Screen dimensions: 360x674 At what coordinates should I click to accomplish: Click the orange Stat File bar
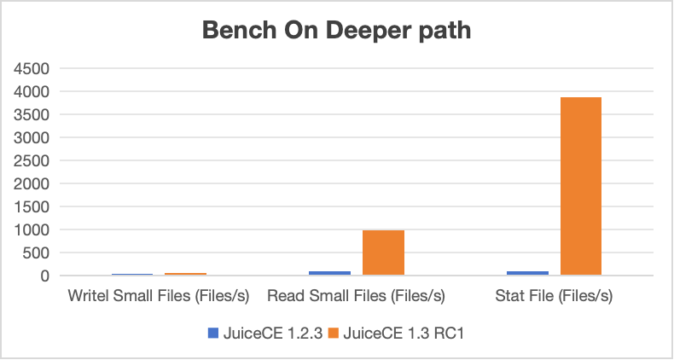[x=581, y=186]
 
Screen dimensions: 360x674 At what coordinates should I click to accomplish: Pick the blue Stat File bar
[x=528, y=273]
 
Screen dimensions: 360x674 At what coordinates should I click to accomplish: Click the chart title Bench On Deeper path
[x=337, y=32]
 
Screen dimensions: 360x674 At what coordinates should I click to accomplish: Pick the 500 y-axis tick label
[x=38, y=253]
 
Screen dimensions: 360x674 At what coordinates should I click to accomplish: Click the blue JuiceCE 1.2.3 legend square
[x=213, y=334]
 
